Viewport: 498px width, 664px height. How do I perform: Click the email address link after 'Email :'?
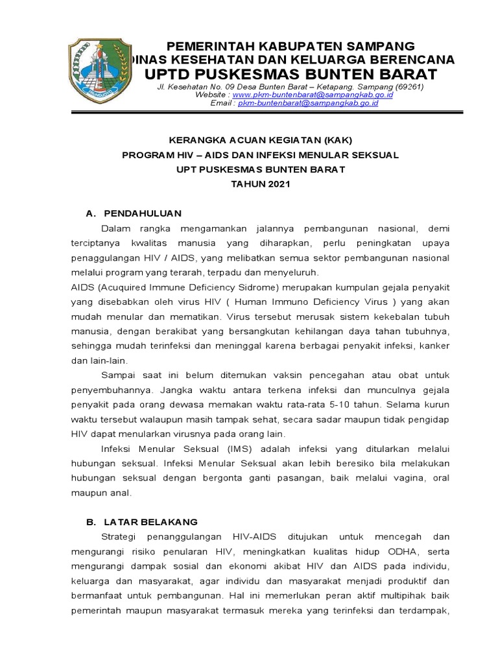pyautogui.click(x=308, y=103)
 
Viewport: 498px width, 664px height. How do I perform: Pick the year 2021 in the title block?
pyautogui.click(x=276, y=184)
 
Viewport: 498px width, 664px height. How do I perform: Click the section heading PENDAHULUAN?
pyautogui.click(x=143, y=213)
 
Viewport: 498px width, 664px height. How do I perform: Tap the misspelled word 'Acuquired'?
pyautogui.click(x=124, y=287)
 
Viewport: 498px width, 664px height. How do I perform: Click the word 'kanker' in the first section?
pyautogui.click(x=433, y=346)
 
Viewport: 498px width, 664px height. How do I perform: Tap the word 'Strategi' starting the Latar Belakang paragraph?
pyautogui.click(x=121, y=538)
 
